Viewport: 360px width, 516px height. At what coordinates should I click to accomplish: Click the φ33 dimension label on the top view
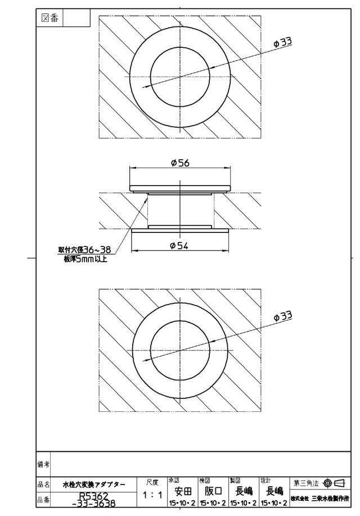pyautogui.click(x=283, y=42)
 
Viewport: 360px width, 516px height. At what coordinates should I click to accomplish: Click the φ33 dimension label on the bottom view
pyautogui.click(x=283, y=316)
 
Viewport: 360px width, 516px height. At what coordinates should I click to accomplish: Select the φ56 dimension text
pyautogui.click(x=180, y=163)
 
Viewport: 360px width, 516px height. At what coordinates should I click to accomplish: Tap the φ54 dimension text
pyautogui.click(x=179, y=245)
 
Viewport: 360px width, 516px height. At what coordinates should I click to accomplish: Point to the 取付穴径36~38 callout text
pyautogui.click(x=84, y=250)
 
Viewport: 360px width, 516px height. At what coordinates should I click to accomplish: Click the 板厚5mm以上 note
pyautogui.click(x=85, y=259)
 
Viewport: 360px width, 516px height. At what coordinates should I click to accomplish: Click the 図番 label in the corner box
pyautogui.click(x=49, y=18)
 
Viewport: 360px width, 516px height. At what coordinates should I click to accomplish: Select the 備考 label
pyautogui.click(x=43, y=464)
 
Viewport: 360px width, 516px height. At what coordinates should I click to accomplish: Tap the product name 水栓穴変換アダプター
pyautogui.click(x=94, y=484)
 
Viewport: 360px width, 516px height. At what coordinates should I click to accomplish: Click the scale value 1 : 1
pyautogui.click(x=152, y=495)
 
